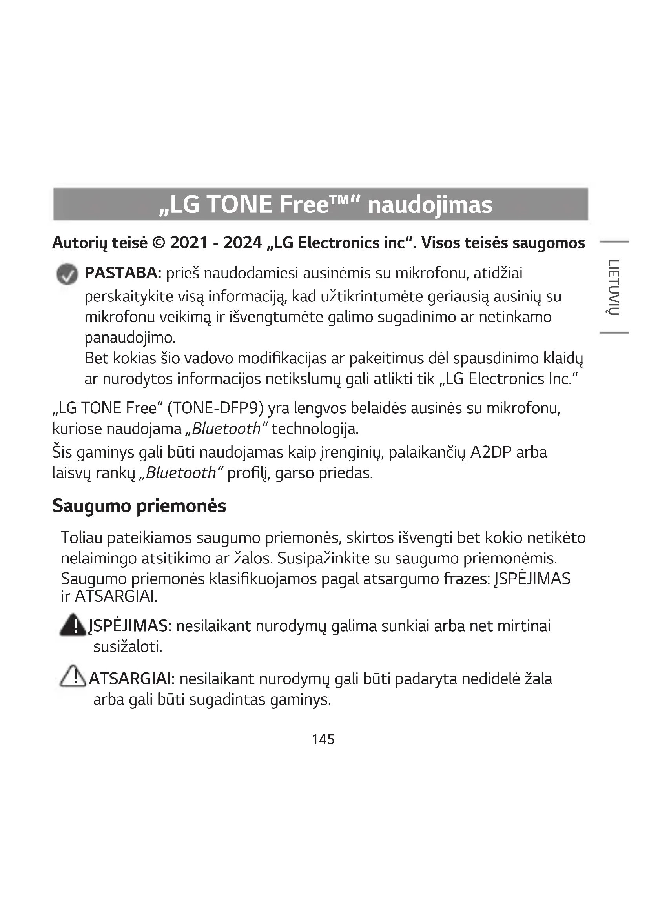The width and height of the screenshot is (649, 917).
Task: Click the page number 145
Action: pos(323,739)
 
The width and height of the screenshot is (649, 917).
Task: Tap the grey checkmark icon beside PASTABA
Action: pos(67,274)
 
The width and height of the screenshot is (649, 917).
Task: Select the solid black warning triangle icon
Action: pos(73,625)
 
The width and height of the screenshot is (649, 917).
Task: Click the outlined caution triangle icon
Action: pos(73,677)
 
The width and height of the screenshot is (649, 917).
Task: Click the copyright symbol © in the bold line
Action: pos(159,243)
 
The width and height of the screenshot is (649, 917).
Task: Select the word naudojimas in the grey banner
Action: pos(430,205)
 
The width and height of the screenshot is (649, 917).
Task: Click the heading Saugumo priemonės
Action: pos(139,506)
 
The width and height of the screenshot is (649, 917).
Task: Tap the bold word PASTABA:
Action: pos(123,273)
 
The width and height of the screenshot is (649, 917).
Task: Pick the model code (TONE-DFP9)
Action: pos(216,408)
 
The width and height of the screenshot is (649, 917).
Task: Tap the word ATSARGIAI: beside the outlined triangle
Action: pos(132,679)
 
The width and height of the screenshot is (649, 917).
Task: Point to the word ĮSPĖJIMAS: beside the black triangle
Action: pos(130,626)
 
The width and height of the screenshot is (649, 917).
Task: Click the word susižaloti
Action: pos(128,646)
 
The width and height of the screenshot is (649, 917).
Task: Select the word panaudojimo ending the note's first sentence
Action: pos(130,338)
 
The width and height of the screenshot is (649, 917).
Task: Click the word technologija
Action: pos(315,429)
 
